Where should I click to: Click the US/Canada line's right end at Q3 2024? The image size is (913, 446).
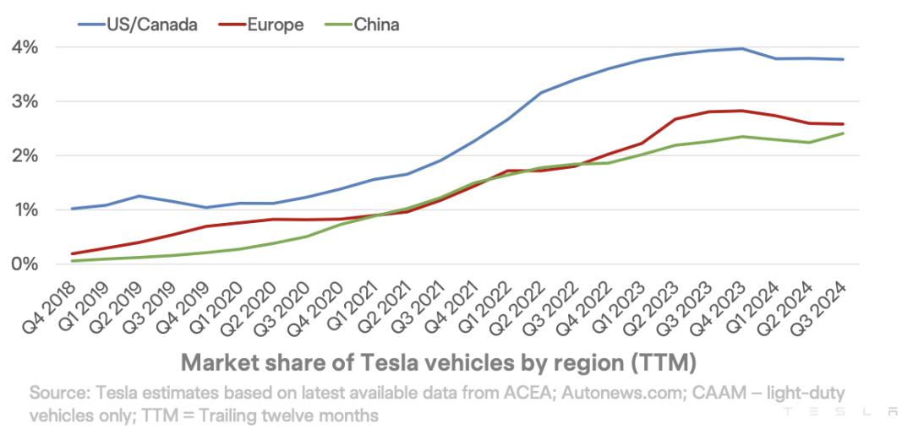843,59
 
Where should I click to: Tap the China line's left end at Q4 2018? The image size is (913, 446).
73,261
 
